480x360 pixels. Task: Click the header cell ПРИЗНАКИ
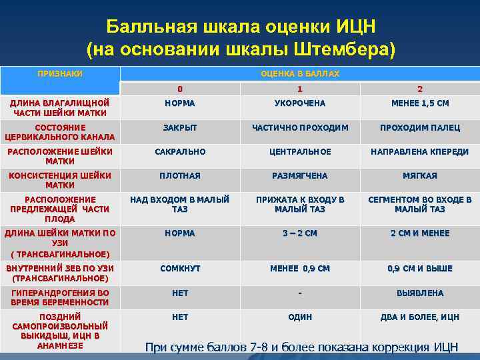[x=60, y=73]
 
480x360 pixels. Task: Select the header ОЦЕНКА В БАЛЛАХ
[x=300, y=73]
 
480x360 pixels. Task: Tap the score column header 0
[x=180, y=89]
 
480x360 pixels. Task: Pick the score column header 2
[x=419, y=89]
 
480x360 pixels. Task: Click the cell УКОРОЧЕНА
[x=300, y=103]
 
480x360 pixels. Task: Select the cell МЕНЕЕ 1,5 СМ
[x=419, y=103]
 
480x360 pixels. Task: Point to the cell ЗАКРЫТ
[x=180, y=127]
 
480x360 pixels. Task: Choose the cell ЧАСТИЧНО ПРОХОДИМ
[x=300, y=127]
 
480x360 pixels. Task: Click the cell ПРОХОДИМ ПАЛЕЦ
[x=419, y=127]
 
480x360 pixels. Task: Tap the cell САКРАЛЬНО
[x=180, y=151]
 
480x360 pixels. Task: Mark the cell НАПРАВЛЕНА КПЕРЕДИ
[x=419, y=151]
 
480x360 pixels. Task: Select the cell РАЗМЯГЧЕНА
[x=300, y=175]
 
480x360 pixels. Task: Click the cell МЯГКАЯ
[x=419, y=175]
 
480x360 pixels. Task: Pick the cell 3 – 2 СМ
[x=300, y=233]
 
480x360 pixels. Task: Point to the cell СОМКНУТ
[x=180, y=269]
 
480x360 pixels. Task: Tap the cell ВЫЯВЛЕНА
[x=419, y=293]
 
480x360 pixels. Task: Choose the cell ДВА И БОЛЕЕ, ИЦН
[x=419, y=317]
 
